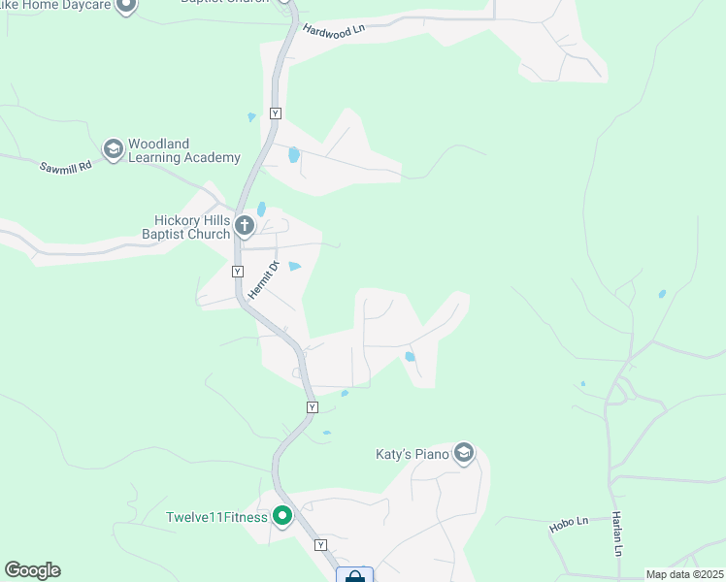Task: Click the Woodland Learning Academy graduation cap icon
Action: tap(113, 148)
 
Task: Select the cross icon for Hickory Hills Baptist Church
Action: tap(244, 227)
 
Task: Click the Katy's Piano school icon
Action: tap(464, 453)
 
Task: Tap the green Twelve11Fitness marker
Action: tap(282, 516)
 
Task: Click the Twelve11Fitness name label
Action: tap(216, 517)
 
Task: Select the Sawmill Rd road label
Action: tap(66, 167)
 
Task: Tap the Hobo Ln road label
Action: tap(570, 522)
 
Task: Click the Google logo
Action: tap(32, 570)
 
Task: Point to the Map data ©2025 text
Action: tap(684, 574)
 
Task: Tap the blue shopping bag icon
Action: tap(355, 576)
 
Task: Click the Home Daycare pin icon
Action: tap(124, 6)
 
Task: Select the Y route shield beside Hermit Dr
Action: tap(238, 272)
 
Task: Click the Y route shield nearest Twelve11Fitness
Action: tap(320, 545)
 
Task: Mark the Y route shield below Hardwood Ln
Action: tap(276, 113)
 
